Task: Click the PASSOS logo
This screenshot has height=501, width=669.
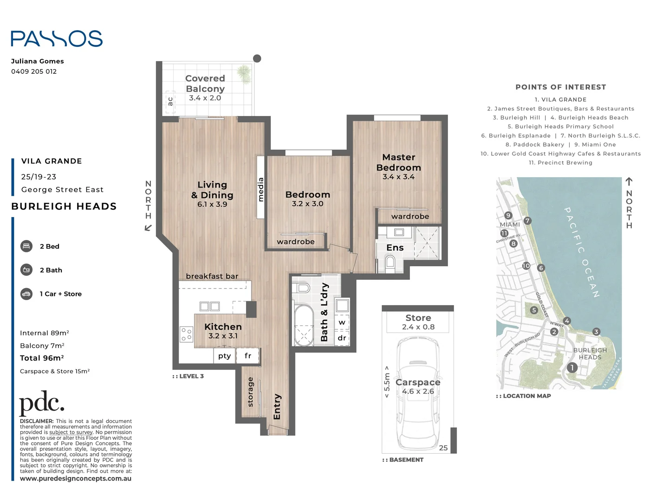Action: tap(57, 39)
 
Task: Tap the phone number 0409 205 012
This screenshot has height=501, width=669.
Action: tap(34, 71)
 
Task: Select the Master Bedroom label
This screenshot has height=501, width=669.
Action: tap(399, 162)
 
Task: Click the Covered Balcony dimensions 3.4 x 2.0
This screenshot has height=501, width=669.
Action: tap(205, 98)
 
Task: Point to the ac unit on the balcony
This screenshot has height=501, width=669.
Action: tap(170, 102)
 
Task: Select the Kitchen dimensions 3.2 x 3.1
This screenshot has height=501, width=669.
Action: tap(223, 336)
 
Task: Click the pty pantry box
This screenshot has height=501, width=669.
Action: tap(224, 356)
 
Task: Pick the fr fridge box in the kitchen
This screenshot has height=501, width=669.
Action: tap(247, 356)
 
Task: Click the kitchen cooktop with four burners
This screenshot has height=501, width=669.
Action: tap(186, 334)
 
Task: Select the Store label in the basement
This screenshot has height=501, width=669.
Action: tap(418, 318)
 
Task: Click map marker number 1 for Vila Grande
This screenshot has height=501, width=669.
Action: tap(572, 367)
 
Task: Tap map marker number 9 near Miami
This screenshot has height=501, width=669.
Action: tap(508, 215)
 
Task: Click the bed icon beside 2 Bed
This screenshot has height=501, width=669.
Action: tap(26, 246)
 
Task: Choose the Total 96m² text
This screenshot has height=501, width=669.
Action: tap(42, 358)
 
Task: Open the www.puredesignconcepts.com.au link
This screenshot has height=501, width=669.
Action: tap(76, 478)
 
